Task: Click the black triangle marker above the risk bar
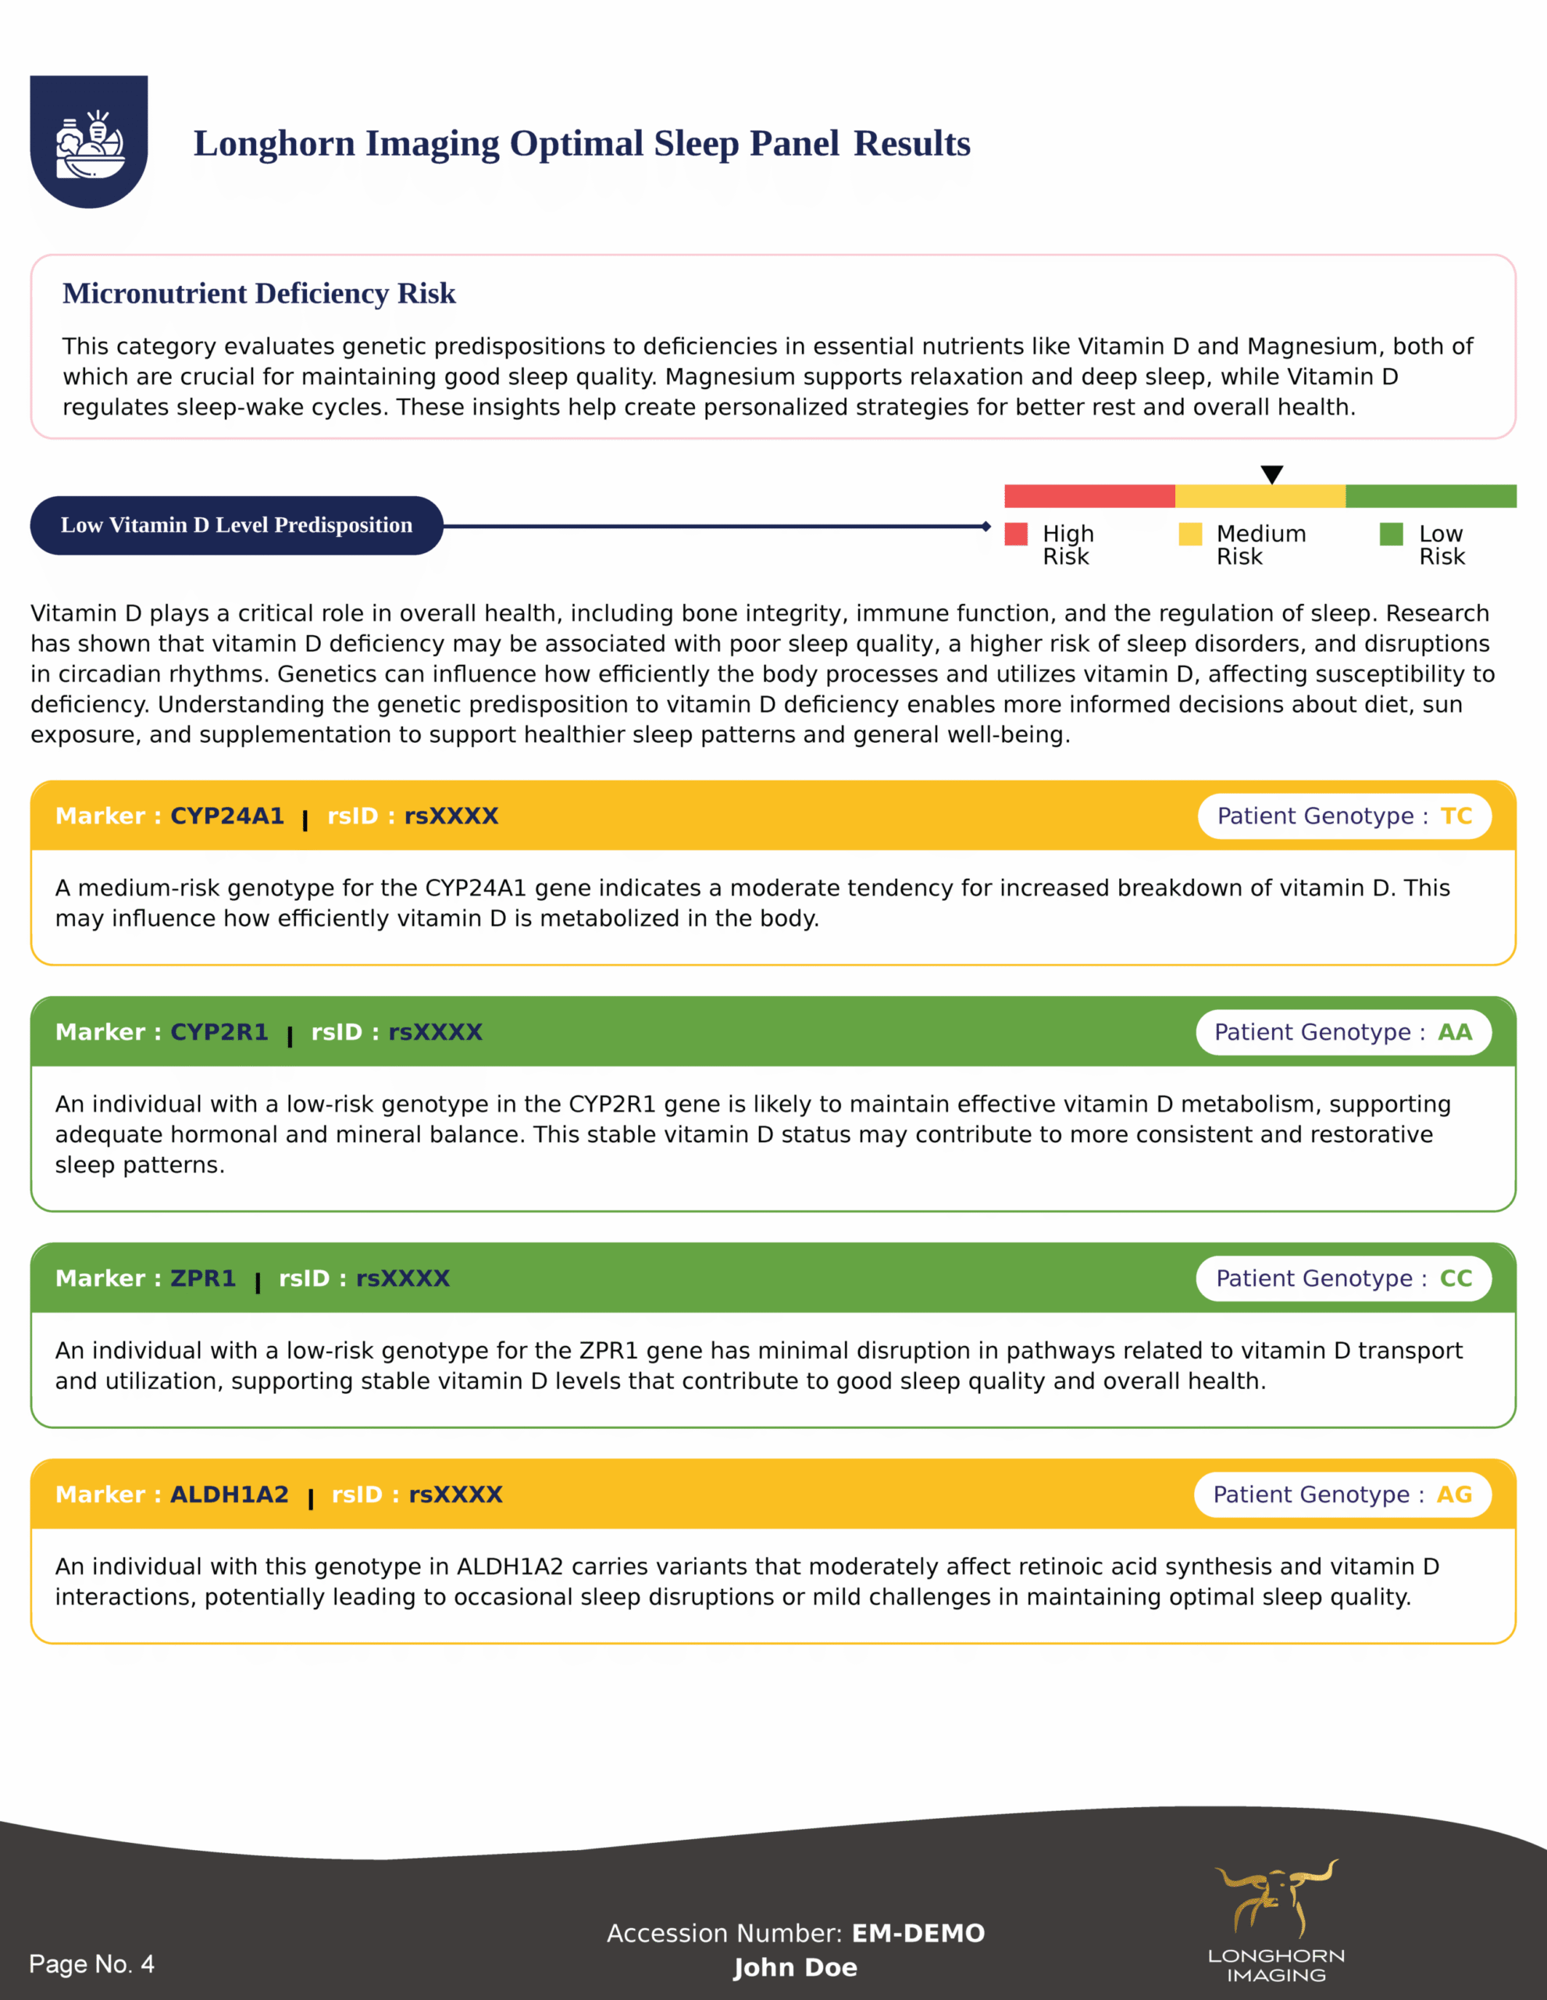[x=1271, y=474]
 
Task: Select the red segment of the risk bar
[x=1089, y=496]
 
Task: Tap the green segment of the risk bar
[x=1431, y=496]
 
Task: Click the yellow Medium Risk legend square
[x=1190, y=534]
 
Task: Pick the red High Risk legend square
[x=1016, y=534]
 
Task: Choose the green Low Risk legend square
[x=1392, y=534]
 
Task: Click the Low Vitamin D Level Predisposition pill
[x=236, y=526]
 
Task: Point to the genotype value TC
[x=1456, y=816]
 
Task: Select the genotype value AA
[x=1455, y=1032]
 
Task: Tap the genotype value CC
[x=1456, y=1278]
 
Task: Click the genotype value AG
[x=1453, y=1495]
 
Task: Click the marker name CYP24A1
[x=227, y=816]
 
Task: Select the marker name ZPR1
[x=203, y=1278]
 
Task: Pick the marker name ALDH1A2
[x=229, y=1495]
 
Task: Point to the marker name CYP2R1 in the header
[x=219, y=1032]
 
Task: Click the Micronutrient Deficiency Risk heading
[x=259, y=294]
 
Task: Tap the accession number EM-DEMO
[x=918, y=1933]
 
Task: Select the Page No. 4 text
[x=91, y=1963]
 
